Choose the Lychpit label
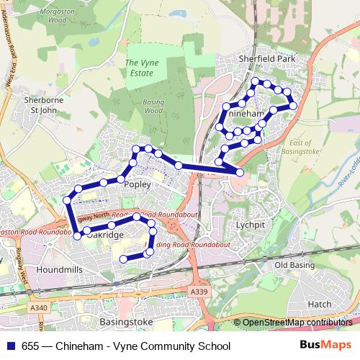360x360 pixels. tap(249, 224)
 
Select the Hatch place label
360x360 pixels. tap(320, 305)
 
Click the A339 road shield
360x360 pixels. tap(200, 291)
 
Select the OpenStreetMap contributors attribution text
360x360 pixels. tap(297, 323)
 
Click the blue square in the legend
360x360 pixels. tap(9, 346)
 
